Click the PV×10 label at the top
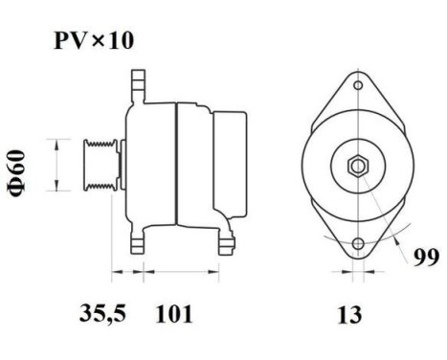point(92,43)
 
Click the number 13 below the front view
point(351,314)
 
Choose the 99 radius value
point(426,257)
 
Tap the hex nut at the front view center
point(356,166)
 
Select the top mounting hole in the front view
point(356,86)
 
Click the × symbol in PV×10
point(99,43)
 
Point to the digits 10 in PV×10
point(120,43)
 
